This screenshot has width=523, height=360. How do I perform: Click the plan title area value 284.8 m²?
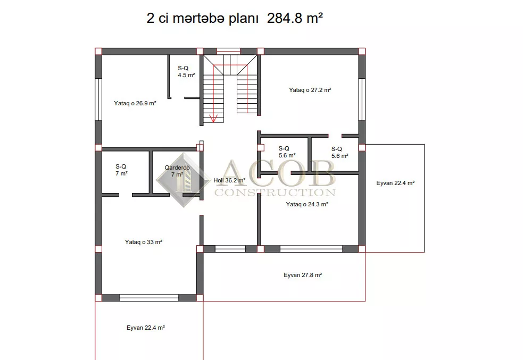pos(295,18)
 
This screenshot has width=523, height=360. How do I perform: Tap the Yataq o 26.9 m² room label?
pos(135,103)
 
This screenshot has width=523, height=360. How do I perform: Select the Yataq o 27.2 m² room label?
pos(310,90)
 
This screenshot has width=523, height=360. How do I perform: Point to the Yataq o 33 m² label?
pos(144,242)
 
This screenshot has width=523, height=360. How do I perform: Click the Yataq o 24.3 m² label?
pos(307,204)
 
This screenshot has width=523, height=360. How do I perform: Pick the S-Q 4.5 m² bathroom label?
pos(186,72)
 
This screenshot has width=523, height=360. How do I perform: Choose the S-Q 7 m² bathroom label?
pos(121,170)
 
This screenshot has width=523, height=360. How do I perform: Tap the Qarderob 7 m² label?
pos(177,171)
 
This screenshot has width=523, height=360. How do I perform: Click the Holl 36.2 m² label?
pos(229,180)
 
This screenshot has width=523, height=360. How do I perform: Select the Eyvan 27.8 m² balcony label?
pos(303,275)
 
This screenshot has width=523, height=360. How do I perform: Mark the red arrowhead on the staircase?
pos(213,119)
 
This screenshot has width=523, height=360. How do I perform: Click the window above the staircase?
pos(228,52)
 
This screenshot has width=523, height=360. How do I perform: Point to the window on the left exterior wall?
pos(98,99)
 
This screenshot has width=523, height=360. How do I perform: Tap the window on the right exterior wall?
pos(362,99)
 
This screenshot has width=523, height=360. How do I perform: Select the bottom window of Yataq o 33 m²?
pos(149,298)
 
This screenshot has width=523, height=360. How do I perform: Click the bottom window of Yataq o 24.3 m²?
pos(311,249)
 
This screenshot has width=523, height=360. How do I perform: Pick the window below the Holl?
pos(230,249)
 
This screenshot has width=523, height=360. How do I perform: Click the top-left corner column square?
pos(98,52)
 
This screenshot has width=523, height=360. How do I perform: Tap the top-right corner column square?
pos(362,52)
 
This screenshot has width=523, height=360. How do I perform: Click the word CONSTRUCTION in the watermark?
pos(275,192)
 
